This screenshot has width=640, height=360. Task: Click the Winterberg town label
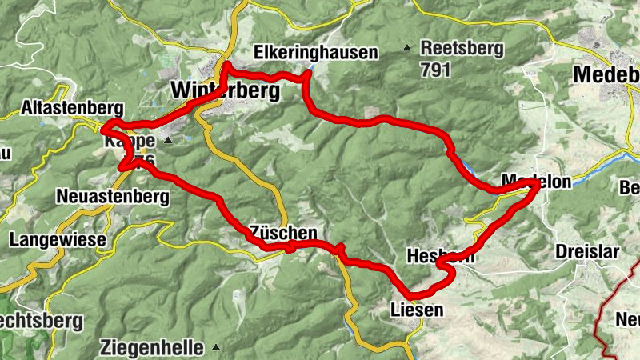(x=225, y=91)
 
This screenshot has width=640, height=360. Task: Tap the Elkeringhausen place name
(x=315, y=54)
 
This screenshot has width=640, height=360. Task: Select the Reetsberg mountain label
(x=462, y=48)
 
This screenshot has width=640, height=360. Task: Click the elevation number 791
(x=435, y=70)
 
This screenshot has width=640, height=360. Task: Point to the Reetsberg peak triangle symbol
(x=407, y=48)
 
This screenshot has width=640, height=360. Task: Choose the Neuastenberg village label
(x=113, y=196)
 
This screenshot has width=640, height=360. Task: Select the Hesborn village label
(x=440, y=257)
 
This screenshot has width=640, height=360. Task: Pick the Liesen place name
(x=415, y=308)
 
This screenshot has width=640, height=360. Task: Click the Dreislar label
(x=587, y=251)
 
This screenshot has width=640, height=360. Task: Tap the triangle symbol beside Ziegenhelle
(x=217, y=348)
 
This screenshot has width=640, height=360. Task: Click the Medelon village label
(x=536, y=182)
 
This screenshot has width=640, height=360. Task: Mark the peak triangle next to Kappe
(x=168, y=141)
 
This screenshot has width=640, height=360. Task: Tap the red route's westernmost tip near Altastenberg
(x=102, y=128)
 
